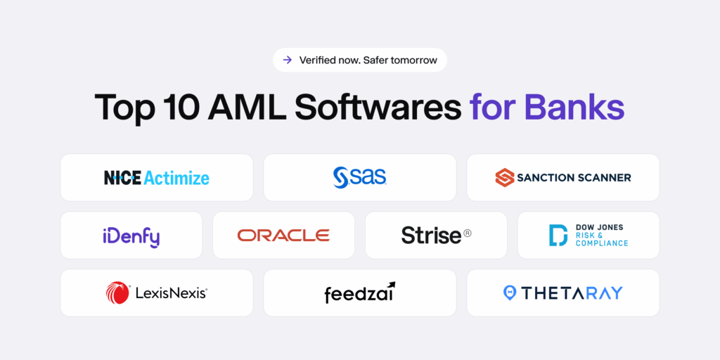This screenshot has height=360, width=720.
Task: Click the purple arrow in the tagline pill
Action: (287, 60)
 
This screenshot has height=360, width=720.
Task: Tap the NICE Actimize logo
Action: (157, 178)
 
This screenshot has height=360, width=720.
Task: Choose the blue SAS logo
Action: (359, 177)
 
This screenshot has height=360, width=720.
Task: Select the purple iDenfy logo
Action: (131, 236)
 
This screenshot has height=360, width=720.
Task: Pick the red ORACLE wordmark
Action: (283, 236)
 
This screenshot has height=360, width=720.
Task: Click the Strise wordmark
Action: (431, 236)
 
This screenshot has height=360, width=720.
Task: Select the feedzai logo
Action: (359, 292)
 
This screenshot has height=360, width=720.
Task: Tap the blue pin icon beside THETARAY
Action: (510, 292)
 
